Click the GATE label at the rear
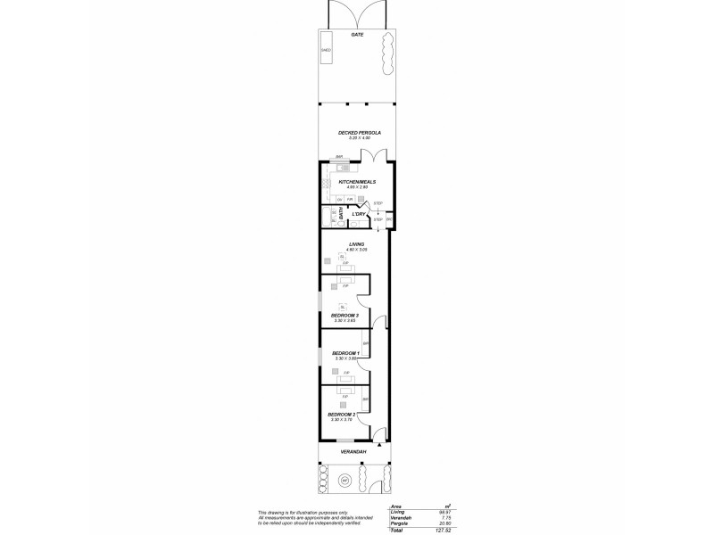pos(357,35)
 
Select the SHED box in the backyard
pos(326,51)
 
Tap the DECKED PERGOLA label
pos(360,133)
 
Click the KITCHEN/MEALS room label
pos(356,182)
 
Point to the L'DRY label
pos(359,214)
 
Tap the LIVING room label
pos(357,243)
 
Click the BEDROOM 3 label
pos(345,315)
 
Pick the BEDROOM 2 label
pos(342,414)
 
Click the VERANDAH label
pos(354,452)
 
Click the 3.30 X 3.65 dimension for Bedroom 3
pos(345,320)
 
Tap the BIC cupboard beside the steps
pos(388,219)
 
